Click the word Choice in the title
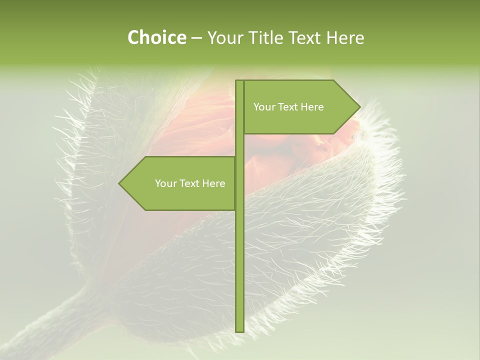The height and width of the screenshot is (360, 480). pos(156,37)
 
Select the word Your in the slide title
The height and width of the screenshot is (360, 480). pos(224,37)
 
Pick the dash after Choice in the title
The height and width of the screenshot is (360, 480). pos(196,38)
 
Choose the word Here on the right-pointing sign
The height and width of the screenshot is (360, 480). pos(312,107)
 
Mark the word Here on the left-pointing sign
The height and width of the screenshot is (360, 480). pos(214,183)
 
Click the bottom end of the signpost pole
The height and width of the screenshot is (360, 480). pos(239,330)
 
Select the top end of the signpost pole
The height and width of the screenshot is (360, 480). pos(239,82)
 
